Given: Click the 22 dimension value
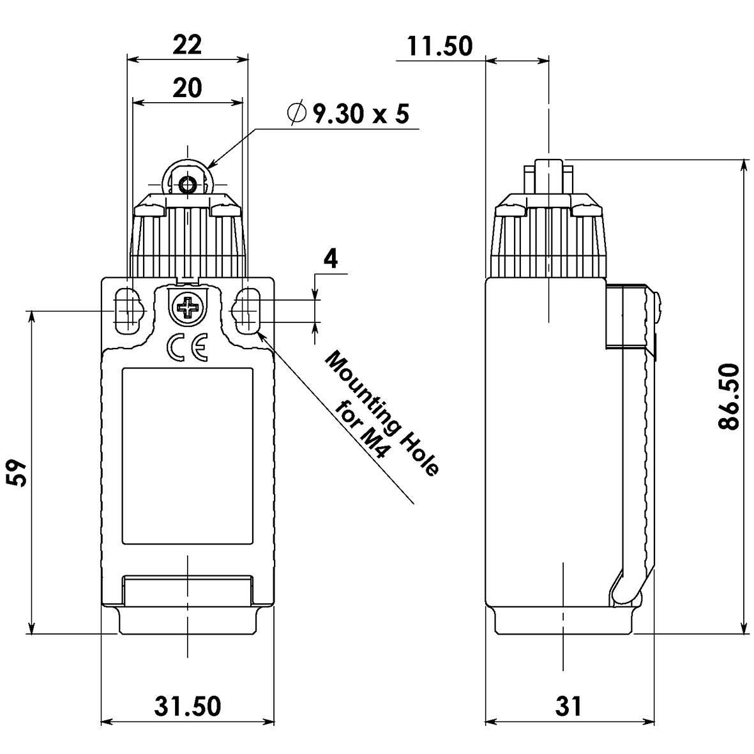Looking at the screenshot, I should [x=187, y=45].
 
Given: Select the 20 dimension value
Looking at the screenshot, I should [x=187, y=87].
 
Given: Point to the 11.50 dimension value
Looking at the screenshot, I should [x=441, y=46].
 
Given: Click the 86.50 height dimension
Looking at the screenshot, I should [x=729, y=396].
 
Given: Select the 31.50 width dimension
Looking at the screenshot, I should [x=187, y=706].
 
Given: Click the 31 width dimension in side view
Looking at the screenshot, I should [x=568, y=706].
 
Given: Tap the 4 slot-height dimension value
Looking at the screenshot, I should [x=330, y=260].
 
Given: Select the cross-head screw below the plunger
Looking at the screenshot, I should [x=187, y=309].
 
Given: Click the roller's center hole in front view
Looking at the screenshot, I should [x=188, y=185].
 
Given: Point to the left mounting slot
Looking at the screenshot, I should [x=128, y=311].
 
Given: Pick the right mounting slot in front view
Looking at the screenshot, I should [x=248, y=311].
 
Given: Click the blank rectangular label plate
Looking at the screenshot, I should [x=186, y=456].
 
